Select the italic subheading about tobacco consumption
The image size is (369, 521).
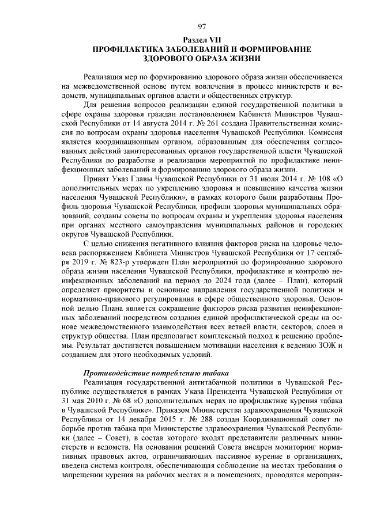(156, 372)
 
